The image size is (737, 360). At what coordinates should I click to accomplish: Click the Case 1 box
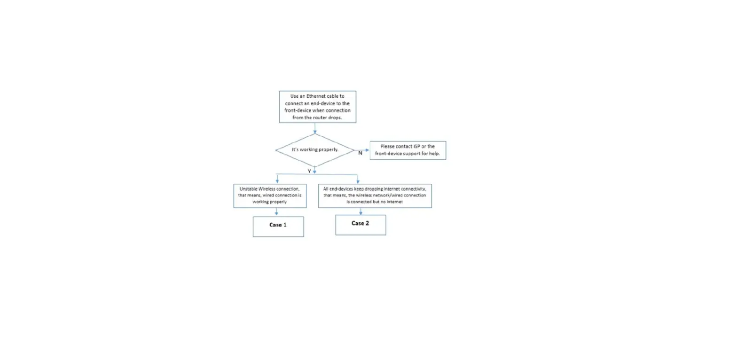click(x=278, y=226)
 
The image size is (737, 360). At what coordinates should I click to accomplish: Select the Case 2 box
click(x=361, y=225)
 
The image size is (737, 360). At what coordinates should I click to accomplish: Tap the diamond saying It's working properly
click(x=314, y=150)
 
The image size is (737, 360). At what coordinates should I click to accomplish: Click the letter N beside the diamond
click(x=360, y=153)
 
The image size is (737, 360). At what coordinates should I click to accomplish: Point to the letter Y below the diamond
click(x=309, y=171)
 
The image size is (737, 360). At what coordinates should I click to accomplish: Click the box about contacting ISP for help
click(x=408, y=150)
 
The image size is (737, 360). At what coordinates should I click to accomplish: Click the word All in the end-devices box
click(x=327, y=188)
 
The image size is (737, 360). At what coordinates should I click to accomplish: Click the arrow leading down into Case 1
click(x=276, y=212)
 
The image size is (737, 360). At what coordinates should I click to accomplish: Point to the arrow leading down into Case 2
click(x=361, y=211)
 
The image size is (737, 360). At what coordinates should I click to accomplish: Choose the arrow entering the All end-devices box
click(x=358, y=179)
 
